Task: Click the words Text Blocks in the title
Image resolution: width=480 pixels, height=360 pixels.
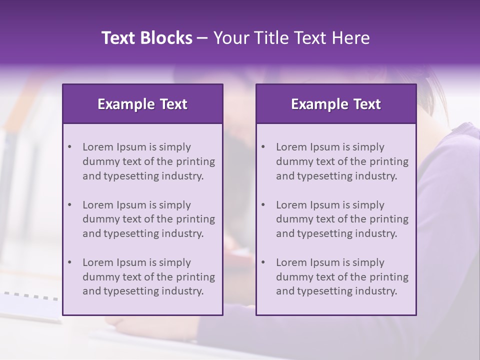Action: point(146,38)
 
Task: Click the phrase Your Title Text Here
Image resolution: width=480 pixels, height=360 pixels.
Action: point(291,38)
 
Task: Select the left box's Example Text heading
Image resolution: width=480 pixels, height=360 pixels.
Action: point(142,104)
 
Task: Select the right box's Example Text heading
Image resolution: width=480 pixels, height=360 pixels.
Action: point(336,104)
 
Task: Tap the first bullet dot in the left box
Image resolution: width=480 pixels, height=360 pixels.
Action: point(69,147)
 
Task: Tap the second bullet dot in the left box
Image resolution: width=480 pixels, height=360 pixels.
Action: point(69,205)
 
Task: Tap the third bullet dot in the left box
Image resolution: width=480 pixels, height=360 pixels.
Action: point(69,262)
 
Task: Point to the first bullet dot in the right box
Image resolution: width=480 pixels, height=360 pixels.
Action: point(263,147)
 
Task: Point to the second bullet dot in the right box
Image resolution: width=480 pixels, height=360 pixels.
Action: point(263,205)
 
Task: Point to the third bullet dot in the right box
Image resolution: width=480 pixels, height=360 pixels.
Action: point(263,262)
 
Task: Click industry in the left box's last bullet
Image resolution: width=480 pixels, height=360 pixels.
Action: point(184,291)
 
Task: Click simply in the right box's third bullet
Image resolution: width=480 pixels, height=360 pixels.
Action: point(368,262)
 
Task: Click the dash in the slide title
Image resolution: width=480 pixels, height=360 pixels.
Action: point(202,38)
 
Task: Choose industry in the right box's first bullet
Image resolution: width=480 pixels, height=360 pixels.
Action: point(377,176)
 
